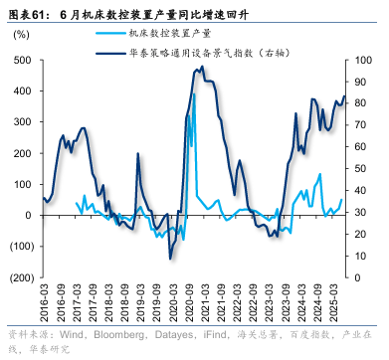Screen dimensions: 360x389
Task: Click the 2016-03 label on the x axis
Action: pyautogui.click(x=43, y=302)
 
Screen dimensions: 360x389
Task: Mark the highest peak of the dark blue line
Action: pyautogui.click(x=202, y=68)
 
